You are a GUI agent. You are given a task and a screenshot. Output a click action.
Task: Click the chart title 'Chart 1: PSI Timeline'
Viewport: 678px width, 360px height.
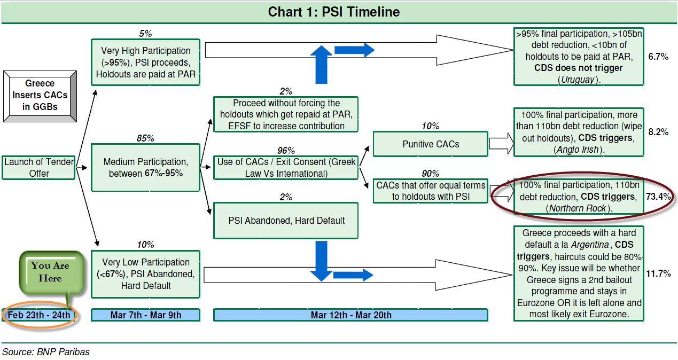click(334, 12)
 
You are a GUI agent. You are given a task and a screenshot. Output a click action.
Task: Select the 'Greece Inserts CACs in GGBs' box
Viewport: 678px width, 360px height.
click(40, 95)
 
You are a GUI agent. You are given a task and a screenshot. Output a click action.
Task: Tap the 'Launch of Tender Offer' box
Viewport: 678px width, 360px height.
click(38, 167)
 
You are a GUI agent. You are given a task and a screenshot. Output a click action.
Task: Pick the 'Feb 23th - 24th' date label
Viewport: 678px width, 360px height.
click(39, 315)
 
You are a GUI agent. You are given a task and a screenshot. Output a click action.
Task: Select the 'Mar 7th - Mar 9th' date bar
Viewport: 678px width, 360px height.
click(145, 315)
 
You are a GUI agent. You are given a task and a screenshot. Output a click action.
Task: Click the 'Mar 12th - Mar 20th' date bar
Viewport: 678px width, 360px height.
click(350, 315)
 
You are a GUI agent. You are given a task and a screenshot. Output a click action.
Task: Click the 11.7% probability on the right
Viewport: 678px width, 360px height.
click(658, 273)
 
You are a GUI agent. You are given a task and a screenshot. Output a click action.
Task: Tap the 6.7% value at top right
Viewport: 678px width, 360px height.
click(658, 57)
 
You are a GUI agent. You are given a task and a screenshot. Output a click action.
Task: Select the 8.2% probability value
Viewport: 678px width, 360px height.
click(658, 132)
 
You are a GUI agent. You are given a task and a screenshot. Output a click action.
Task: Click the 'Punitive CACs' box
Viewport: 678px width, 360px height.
click(431, 144)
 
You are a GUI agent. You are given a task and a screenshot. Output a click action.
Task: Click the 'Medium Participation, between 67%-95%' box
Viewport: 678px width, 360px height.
click(145, 167)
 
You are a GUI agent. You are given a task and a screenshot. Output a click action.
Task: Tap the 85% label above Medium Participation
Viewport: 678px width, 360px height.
click(145, 138)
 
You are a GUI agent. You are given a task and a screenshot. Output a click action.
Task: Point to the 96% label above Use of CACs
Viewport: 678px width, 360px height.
click(286, 150)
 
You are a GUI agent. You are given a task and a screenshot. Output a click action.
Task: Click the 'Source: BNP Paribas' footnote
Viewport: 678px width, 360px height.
click(46, 351)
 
